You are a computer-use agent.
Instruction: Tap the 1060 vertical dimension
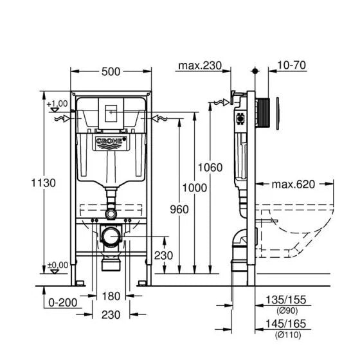pyautogui.click(x=211, y=168)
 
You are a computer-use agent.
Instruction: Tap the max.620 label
pyautogui.click(x=292, y=184)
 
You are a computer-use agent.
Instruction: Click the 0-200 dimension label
pyautogui.click(x=62, y=301)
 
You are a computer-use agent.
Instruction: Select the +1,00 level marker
pyautogui.click(x=57, y=104)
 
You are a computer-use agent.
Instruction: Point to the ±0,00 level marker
pyautogui.click(x=57, y=264)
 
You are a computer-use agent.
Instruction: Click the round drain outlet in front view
pyautogui.click(x=112, y=236)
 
